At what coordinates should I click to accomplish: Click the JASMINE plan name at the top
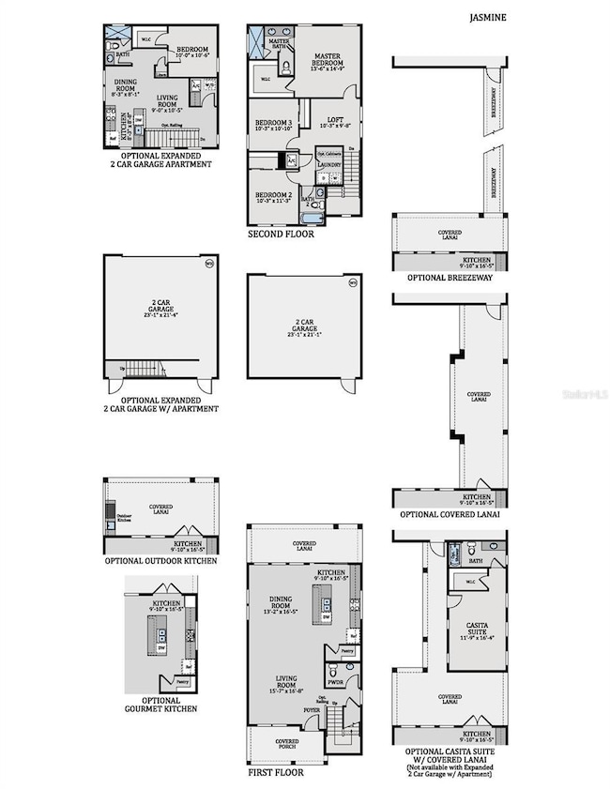point(486,17)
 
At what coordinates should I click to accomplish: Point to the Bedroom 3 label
point(272,123)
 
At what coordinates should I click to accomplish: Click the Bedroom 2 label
point(274,194)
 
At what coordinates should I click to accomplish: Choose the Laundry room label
point(329,164)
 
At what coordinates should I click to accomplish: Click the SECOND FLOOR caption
point(281,235)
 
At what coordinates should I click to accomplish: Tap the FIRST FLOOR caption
point(275,773)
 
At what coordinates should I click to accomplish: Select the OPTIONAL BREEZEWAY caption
point(450,279)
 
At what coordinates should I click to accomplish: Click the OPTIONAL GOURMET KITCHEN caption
point(161,705)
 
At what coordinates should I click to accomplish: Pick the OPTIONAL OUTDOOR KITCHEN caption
point(160,561)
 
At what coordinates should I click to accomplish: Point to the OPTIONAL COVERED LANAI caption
point(450,514)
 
